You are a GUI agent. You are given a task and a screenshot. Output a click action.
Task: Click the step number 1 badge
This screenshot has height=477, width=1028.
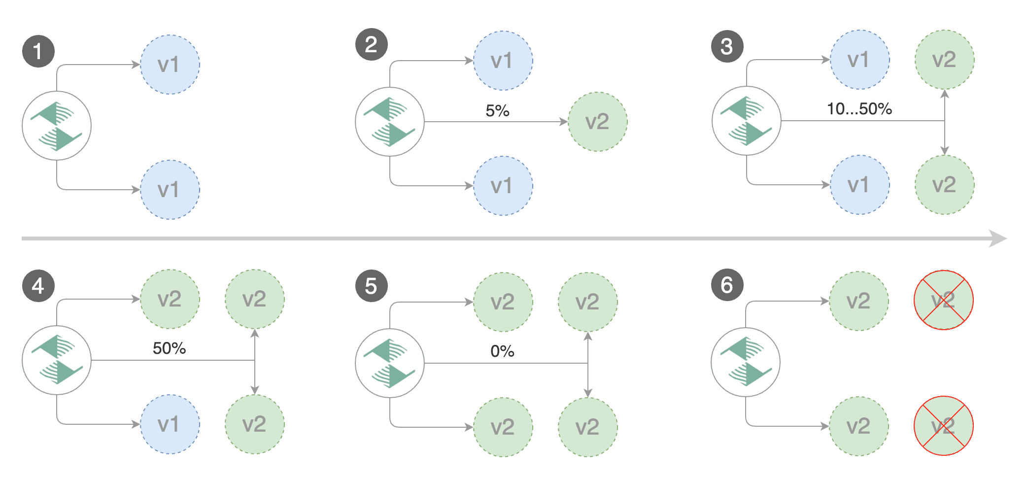point(38,51)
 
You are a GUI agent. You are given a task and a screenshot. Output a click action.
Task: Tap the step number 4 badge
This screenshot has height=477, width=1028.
point(38,286)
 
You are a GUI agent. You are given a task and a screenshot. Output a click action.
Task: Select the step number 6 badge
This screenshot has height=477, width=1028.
point(727,285)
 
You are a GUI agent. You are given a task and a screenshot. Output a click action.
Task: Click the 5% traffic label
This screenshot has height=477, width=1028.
point(497,111)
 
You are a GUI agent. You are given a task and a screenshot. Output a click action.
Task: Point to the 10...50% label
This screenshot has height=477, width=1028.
point(859,109)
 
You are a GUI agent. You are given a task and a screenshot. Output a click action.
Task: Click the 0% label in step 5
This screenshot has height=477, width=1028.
point(502,351)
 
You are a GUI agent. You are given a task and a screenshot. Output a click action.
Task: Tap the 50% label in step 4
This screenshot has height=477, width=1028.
point(169,348)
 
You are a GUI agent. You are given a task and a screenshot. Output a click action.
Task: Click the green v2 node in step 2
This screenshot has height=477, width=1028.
point(597,122)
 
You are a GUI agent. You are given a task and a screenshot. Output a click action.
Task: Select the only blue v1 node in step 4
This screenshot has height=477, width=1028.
point(170,424)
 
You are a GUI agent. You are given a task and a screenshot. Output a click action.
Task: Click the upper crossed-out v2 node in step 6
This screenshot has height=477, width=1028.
point(943,300)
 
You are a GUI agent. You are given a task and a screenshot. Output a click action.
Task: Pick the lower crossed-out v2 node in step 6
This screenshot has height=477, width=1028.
point(943,426)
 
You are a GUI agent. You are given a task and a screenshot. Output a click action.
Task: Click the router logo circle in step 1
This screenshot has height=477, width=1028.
point(57,126)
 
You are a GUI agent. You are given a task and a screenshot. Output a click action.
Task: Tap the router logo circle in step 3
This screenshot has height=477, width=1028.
point(746,121)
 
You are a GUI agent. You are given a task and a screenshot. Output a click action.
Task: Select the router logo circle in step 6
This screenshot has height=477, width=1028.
point(745,362)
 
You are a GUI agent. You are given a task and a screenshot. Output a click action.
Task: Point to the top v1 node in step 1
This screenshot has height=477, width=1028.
point(170,65)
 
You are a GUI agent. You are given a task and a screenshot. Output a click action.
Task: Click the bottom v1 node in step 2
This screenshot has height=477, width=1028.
point(503,186)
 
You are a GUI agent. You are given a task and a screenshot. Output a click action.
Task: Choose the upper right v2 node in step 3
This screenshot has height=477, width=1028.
point(944,60)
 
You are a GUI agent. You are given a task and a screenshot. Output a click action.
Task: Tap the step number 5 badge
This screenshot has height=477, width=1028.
point(371,286)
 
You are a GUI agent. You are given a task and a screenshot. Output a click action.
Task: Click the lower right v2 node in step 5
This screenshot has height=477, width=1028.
point(587,427)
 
